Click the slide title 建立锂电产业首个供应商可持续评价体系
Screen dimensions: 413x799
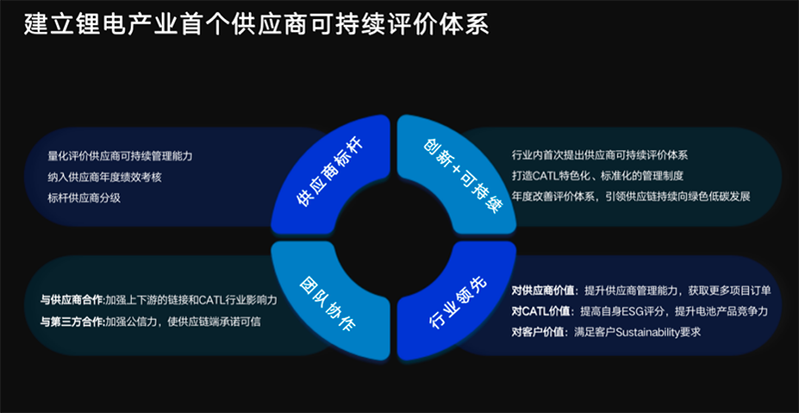(x=257, y=24)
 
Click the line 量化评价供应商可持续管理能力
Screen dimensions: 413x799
(x=119, y=157)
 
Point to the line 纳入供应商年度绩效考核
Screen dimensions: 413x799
(x=104, y=177)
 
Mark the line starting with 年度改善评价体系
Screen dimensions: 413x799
(x=630, y=196)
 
